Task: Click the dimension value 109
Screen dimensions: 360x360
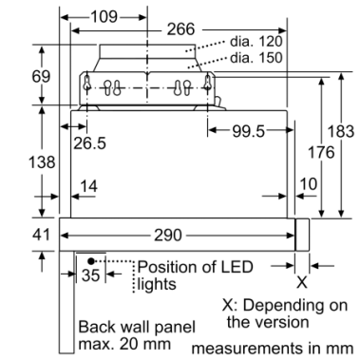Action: point(104,16)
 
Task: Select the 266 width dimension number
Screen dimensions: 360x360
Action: point(180,29)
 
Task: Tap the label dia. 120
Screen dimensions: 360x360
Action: point(256,41)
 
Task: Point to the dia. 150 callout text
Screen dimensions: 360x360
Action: point(256,58)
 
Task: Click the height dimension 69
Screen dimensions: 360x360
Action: point(41,76)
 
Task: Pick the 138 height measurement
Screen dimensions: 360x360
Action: point(42,161)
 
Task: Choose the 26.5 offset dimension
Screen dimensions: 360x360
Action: point(90,143)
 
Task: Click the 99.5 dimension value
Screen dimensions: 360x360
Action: point(248,131)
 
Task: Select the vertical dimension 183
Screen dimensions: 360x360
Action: point(341,131)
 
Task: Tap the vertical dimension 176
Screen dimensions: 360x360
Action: point(321,152)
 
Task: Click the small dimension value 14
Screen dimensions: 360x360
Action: point(88,186)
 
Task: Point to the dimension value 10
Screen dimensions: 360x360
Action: point(308,184)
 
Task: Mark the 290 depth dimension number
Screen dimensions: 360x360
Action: point(168,236)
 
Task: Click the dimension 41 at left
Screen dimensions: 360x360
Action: point(41,235)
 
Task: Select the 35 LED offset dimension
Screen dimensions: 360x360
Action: point(90,275)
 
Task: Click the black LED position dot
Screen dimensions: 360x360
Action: point(91,261)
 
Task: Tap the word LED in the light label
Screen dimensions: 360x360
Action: point(235,267)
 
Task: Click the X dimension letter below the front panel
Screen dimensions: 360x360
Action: point(302,282)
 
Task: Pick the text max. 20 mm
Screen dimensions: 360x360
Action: point(124,344)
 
